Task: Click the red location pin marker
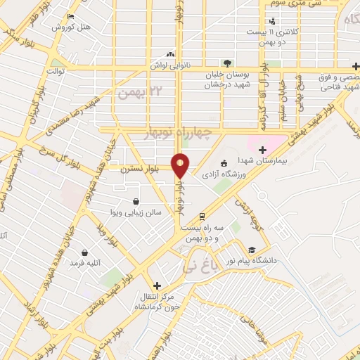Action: [181, 165]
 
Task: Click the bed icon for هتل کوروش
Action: [70, 16]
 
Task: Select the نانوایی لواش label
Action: [169, 65]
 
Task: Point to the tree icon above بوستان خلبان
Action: [226, 63]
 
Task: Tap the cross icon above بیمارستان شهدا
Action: [263, 149]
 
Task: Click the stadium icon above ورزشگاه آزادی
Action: [224, 162]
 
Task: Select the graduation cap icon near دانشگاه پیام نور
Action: [252, 250]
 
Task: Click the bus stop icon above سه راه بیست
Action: [202, 216]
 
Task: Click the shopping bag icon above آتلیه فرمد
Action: [84, 252]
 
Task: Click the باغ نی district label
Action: [195, 267]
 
